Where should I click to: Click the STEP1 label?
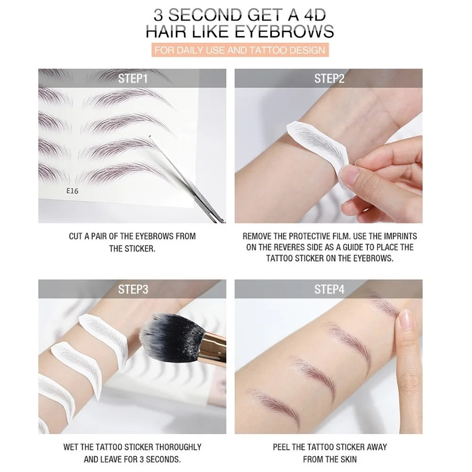(132, 78)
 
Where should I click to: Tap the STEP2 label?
(329, 78)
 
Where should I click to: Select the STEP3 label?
(132, 289)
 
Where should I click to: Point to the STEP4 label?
(329, 289)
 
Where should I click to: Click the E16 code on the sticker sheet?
(73, 192)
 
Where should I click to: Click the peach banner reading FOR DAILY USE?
(239, 50)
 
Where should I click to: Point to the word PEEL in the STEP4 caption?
(282, 447)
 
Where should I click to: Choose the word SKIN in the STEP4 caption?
(347, 459)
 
